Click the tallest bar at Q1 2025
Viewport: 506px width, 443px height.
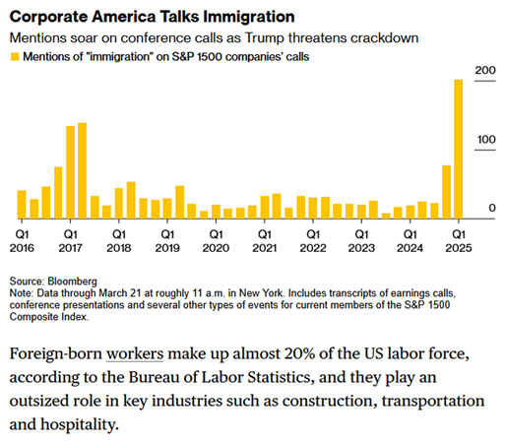(459, 149)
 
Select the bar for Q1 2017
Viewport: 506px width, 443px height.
(71, 172)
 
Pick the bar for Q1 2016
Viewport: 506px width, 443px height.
(22, 205)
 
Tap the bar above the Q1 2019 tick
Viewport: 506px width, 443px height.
(167, 209)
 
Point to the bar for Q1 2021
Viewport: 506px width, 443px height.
(265, 207)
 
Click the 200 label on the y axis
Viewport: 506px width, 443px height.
(485, 70)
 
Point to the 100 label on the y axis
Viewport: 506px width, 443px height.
(486, 140)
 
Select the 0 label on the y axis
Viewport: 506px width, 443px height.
(492, 208)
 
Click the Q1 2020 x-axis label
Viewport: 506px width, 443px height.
(216, 241)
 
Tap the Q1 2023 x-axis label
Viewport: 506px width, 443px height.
(361, 241)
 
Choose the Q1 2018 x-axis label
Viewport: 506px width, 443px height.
(119, 241)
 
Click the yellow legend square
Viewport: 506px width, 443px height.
(15, 57)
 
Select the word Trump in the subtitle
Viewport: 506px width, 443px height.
(265, 38)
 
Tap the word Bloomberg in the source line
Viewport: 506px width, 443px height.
(72, 282)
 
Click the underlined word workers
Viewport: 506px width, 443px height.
(135, 353)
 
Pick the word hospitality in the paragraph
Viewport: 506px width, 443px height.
(79, 424)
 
